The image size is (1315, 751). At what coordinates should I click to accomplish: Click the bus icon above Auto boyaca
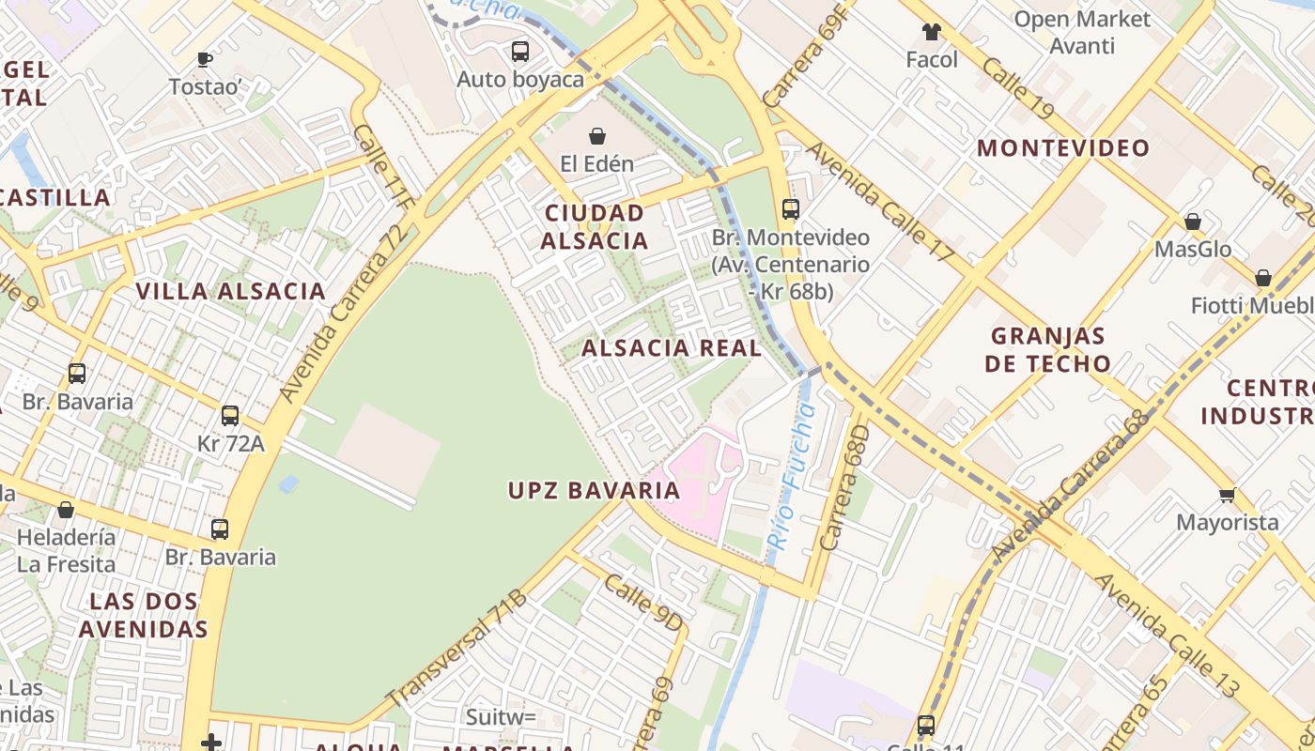(x=519, y=51)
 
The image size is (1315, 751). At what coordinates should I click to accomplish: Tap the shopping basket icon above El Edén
(x=596, y=136)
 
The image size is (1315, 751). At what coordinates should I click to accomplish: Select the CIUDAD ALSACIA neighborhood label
(x=595, y=226)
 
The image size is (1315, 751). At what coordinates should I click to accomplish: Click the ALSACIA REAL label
(x=671, y=348)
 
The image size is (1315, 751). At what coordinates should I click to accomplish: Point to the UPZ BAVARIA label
(x=594, y=490)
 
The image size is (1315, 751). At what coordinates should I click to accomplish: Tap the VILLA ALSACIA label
(x=231, y=291)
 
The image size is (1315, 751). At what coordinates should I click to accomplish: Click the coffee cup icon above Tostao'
(x=205, y=59)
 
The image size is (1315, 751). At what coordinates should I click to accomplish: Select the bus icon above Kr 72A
(x=230, y=415)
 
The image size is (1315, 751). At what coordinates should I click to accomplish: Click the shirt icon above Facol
(x=931, y=32)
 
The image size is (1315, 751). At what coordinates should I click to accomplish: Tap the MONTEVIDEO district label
(x=1063, y=148)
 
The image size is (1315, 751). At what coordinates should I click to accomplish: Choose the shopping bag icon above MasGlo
(x=1192, y=222)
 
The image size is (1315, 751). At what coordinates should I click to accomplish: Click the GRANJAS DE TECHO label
(x=1049, y=349)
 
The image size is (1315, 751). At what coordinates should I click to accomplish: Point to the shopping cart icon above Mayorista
(x=1227, y=495)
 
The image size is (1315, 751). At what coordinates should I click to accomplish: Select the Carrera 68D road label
(x=844, y=488)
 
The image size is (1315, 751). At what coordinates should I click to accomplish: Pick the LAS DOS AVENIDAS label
(x=143, y=615)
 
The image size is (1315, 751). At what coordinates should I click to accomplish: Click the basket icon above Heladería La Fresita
(x=66, y=510)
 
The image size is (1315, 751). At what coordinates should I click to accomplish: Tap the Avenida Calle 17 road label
(x=879, y=201)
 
